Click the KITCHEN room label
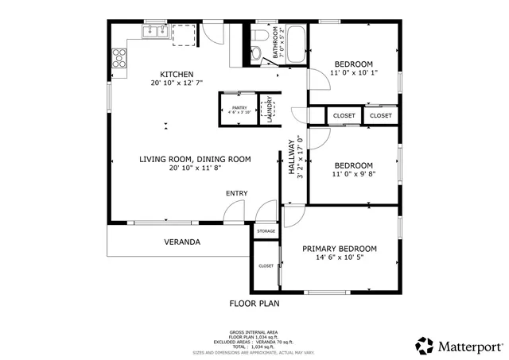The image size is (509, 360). point(177,74)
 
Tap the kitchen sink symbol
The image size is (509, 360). point(153,32)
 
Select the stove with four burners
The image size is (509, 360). point(119,56)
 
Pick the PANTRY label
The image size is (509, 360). point(239,107)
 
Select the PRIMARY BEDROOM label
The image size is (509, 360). point(340,249)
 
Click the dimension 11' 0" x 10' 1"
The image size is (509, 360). point(354,74)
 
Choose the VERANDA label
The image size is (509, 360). point(182,242)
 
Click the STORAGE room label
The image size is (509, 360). point(266,231)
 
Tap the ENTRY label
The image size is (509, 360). point(236,193)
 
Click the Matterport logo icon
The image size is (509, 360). point(425,346)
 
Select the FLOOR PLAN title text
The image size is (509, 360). point(254,303)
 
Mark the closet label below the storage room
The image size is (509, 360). point(266,266)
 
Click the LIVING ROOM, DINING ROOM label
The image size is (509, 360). point(195,159)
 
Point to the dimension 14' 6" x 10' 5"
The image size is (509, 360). point(340,258)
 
